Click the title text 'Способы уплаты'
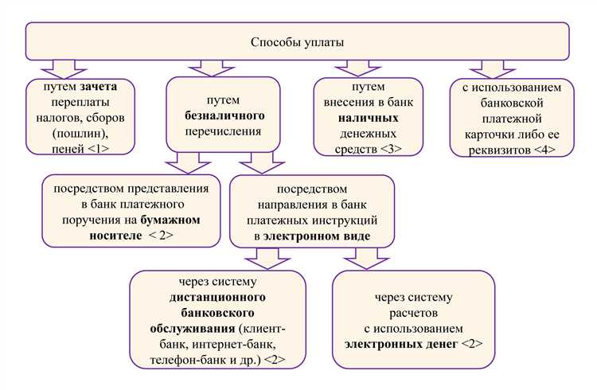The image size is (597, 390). click(298, 41)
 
